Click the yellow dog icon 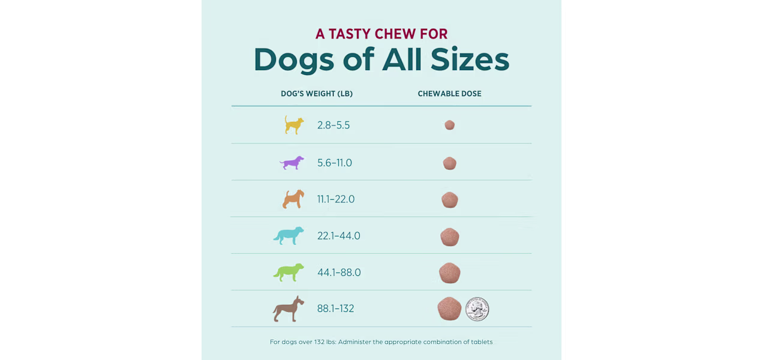coord(293,125)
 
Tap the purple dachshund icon coord(292,163)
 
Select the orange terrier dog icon coord(293,199)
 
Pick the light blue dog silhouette coord(289,236)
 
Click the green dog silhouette coord(289,272)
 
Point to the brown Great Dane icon coord(288,309)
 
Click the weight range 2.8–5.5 coord(334,125)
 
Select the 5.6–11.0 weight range coord(335,163)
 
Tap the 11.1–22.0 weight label coord(336,199)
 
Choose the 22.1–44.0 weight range coord(338,236)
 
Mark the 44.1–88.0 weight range coord(339,272)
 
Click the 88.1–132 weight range coord(335,308)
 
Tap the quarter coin coord(477,309)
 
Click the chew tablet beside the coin coord(449,308)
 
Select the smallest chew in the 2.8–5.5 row coord(450,125)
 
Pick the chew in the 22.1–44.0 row coord(450,237)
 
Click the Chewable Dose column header coord(450,94)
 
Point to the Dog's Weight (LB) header coord(317,94)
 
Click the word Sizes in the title coord(470,59)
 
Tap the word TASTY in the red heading coord(350,34)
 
